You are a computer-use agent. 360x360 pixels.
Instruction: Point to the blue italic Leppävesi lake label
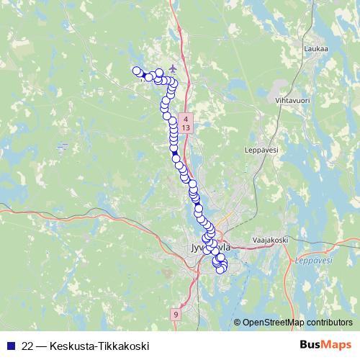(310, 261)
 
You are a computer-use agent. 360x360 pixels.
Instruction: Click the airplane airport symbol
(172, 68)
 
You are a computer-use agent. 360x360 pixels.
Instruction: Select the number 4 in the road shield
(186, 118)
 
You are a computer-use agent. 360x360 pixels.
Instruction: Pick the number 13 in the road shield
(186, 127)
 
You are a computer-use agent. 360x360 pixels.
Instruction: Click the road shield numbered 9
(176, 315)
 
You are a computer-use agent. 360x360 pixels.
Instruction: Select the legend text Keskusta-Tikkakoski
(99, 346)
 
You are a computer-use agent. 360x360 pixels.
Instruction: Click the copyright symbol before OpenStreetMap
(237, 323)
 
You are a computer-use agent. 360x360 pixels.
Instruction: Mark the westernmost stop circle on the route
(136, 70)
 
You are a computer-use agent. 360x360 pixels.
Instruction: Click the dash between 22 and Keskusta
(44, 346)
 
